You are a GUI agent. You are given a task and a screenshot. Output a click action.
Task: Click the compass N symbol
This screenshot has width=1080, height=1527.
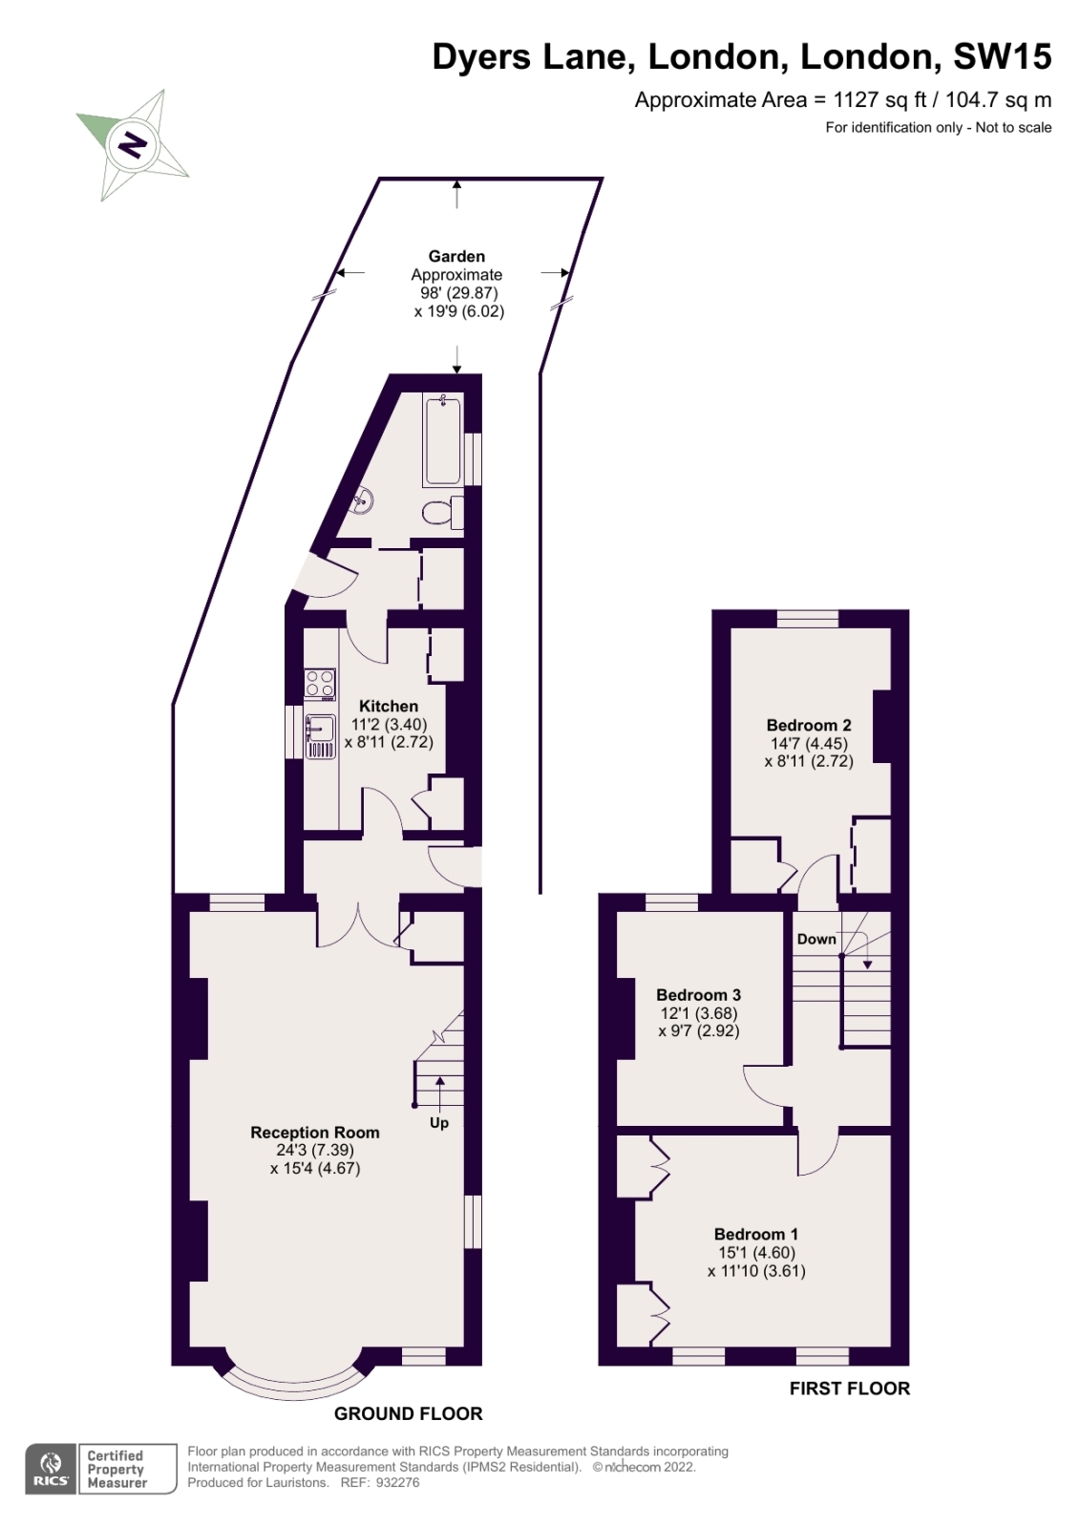(134, 145)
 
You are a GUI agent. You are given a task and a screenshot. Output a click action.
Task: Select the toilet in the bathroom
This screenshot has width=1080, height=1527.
(440, 513)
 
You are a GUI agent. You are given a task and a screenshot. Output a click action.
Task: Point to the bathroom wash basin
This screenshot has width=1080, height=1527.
(364, 499)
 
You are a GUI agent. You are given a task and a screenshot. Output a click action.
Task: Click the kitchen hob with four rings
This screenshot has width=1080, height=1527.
(320, 684)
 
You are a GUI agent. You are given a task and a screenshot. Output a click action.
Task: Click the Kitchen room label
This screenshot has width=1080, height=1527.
(389, 706)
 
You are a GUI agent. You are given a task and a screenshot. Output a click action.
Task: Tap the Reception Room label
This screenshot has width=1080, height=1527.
(315, 1133)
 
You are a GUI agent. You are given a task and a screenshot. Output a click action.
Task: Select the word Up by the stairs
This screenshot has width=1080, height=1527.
(439, 1123)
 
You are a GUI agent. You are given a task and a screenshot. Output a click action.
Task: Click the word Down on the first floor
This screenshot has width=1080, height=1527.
(816, 939)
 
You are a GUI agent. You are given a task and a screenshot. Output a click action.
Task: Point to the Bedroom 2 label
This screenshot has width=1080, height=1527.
(809, 725)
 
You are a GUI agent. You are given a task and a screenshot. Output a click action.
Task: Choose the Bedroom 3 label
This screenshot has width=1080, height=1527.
(699, 995)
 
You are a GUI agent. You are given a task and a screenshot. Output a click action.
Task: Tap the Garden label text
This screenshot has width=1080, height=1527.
(456, 256)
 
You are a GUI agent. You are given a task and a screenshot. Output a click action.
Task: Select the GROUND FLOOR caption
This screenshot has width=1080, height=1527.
(408, 1413)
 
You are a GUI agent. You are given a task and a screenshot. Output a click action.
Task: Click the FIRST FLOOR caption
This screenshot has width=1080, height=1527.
(849, 1389)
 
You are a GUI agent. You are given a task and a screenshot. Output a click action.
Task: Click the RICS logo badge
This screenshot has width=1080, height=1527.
(51, 1469)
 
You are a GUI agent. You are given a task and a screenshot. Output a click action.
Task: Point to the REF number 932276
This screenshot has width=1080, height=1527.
(398, 1482)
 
